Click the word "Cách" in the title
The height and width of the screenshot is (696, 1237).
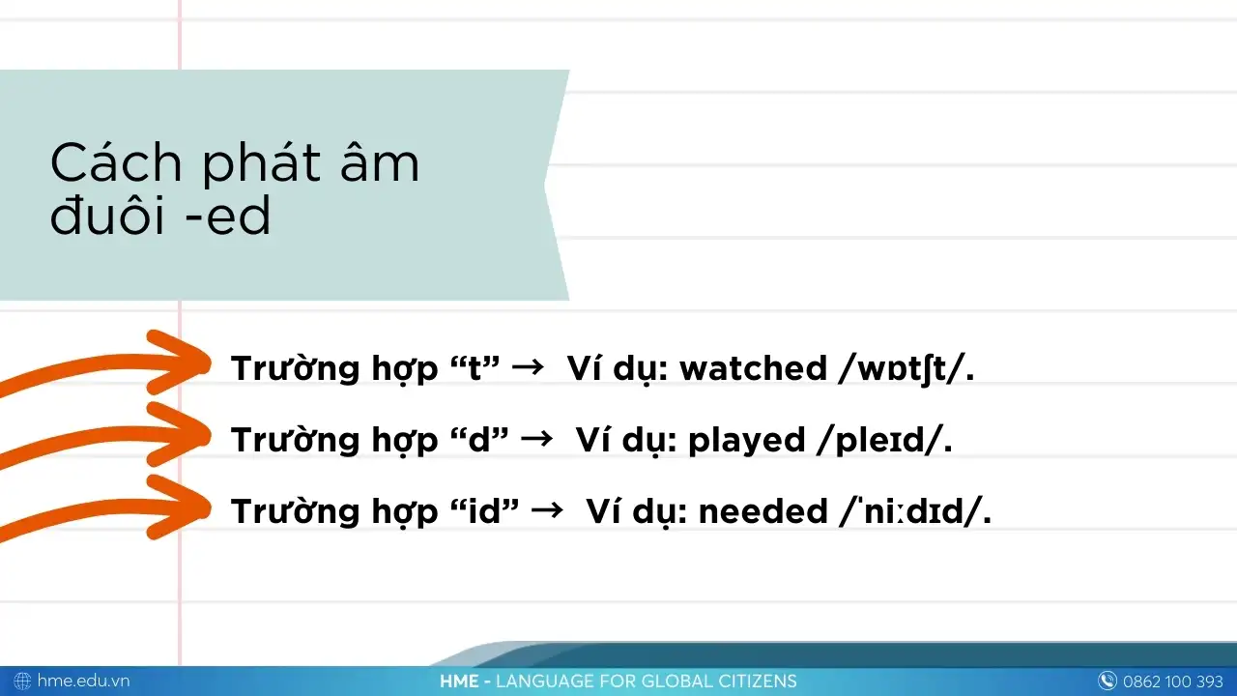click(x=116, y=162)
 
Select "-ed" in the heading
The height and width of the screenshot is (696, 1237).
click(x=228, y=215)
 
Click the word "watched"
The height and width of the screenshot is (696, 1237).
click(x=753, y=368)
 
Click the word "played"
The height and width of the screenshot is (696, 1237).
click(x=747, y=441)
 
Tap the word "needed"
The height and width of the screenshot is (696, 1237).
click(x=763, y=511)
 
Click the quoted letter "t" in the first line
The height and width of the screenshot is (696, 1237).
click(x=475, y=368)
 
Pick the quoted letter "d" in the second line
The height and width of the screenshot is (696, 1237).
click(x=479, y=440)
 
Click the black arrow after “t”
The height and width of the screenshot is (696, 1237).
click(x=528, y=366)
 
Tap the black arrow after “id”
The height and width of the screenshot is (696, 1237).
click(x=547, y=509)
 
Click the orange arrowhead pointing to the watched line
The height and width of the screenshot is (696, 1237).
click(x=180, y=362)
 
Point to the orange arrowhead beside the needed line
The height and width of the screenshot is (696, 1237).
click(x=180, y=507)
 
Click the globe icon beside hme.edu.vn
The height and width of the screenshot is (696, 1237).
click(x=22, y=681)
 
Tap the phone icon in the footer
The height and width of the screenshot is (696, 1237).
click(x=1107, y=681)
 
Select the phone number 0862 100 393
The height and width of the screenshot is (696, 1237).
click(x=1173, y=681)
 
